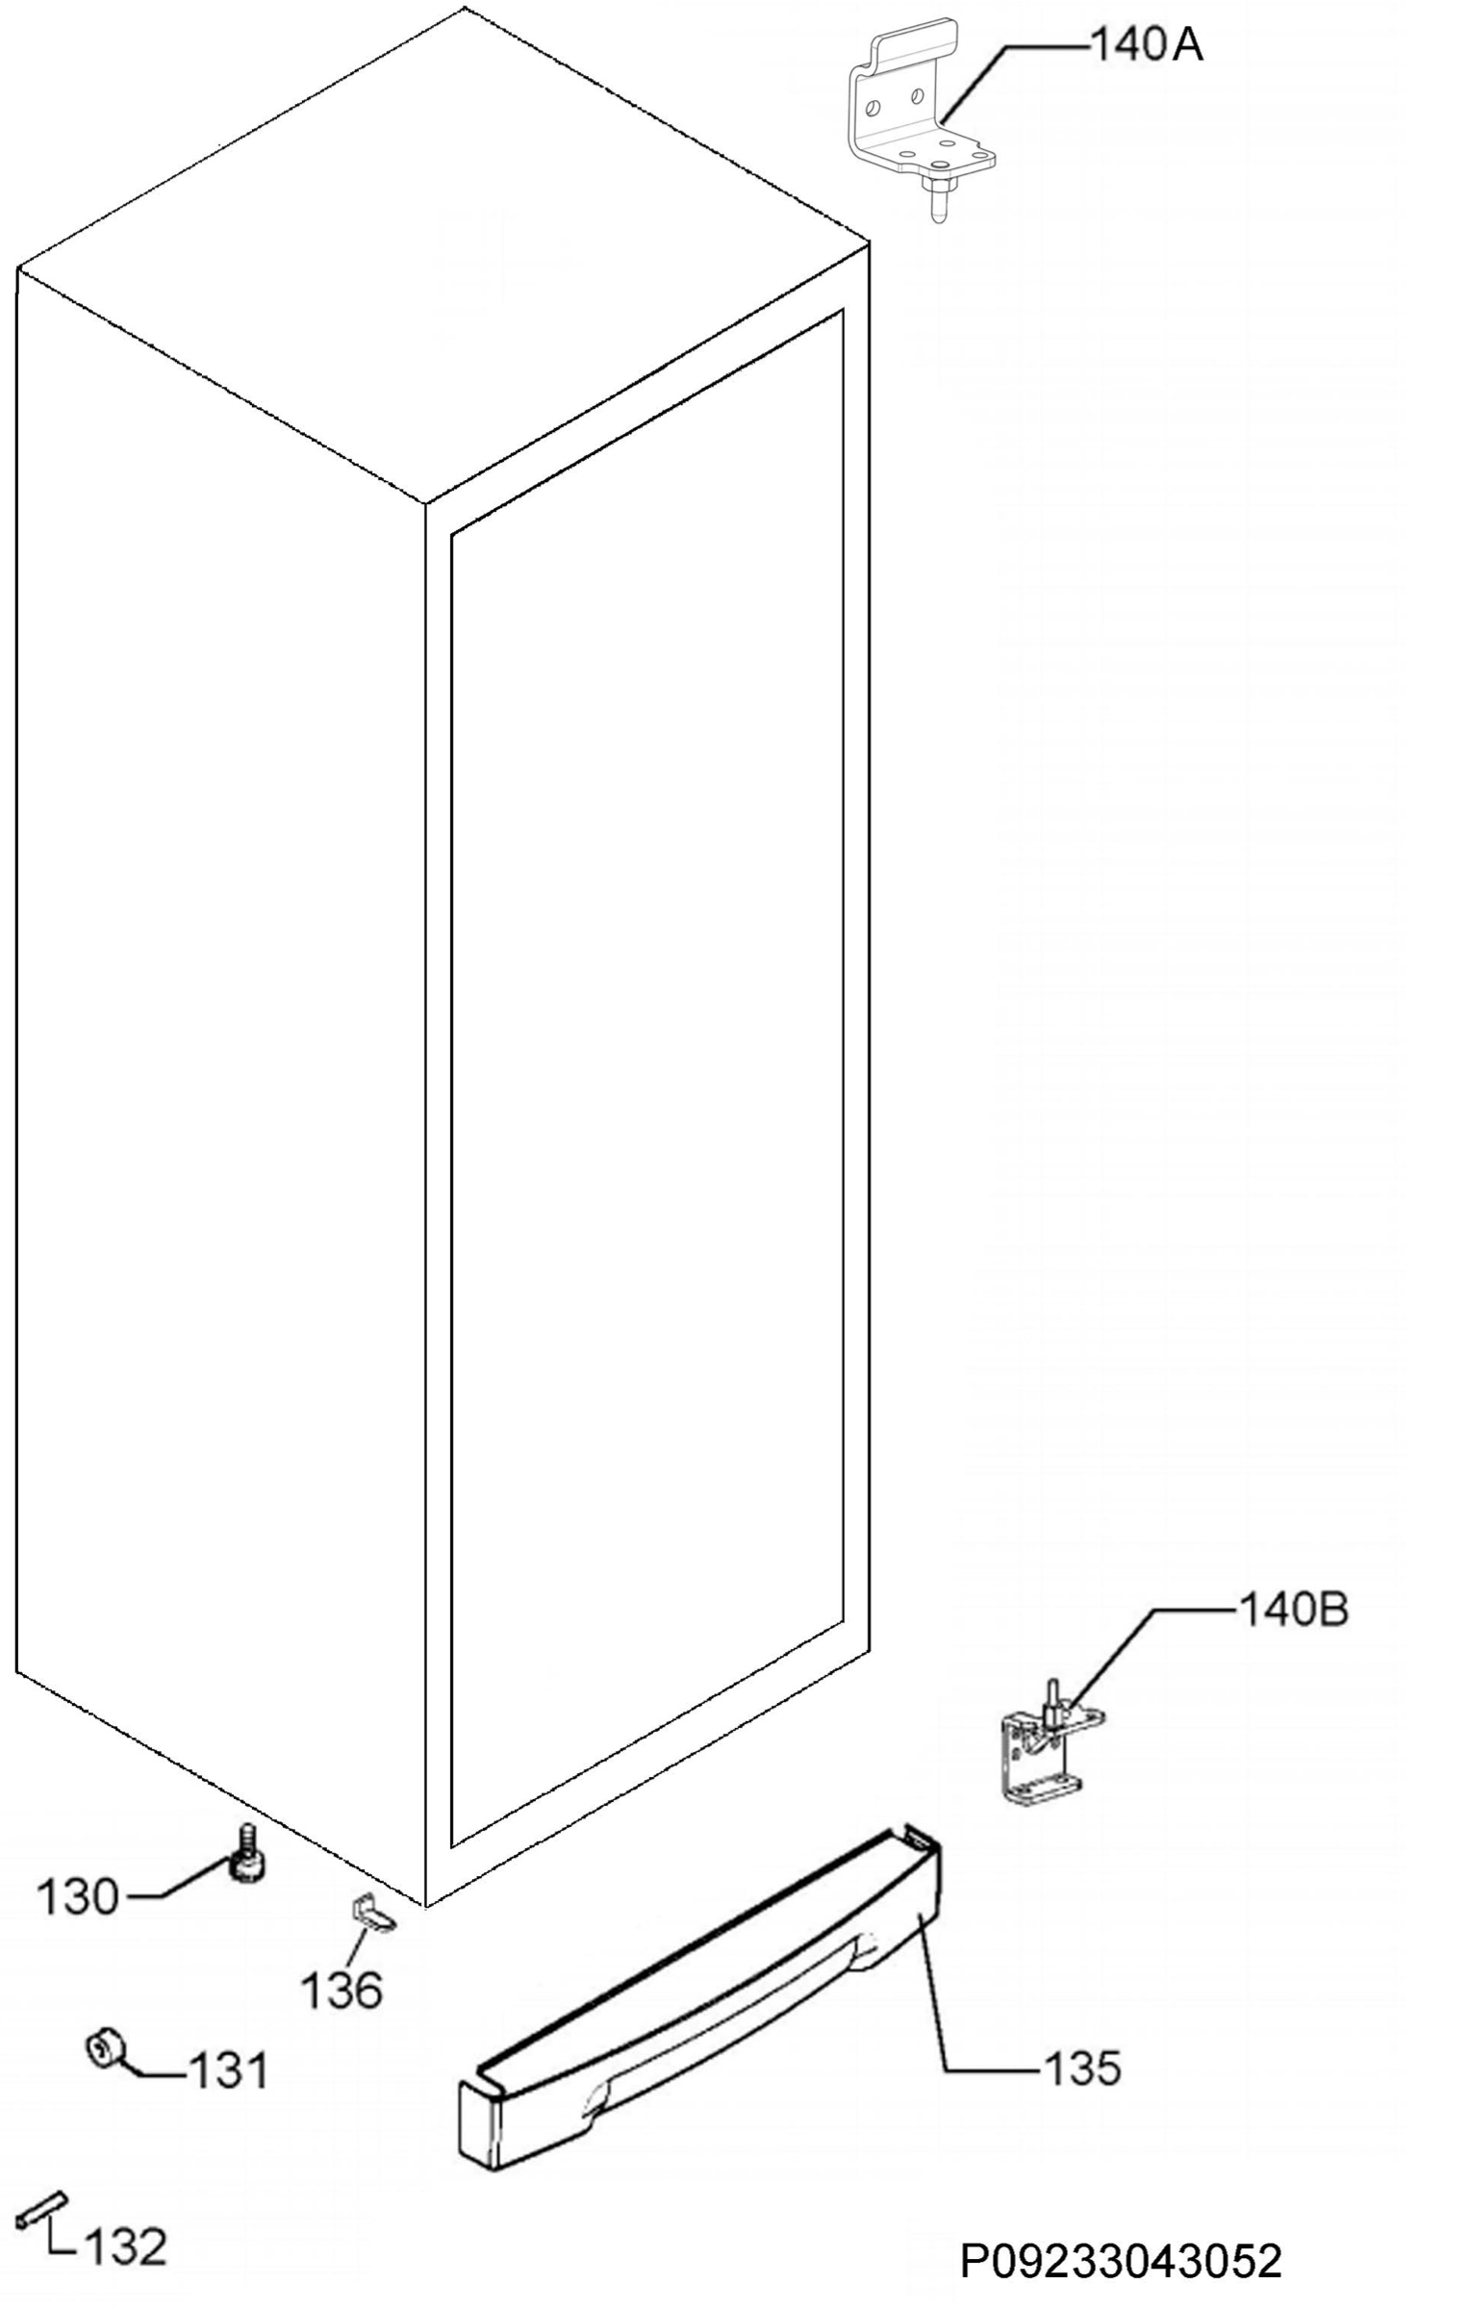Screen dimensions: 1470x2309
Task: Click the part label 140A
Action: point(1145,45)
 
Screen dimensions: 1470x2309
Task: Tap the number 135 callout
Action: point(1082,2068)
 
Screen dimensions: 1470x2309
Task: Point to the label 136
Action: point(342,1991)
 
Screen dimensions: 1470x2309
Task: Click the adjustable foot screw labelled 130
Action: point(248,1852)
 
